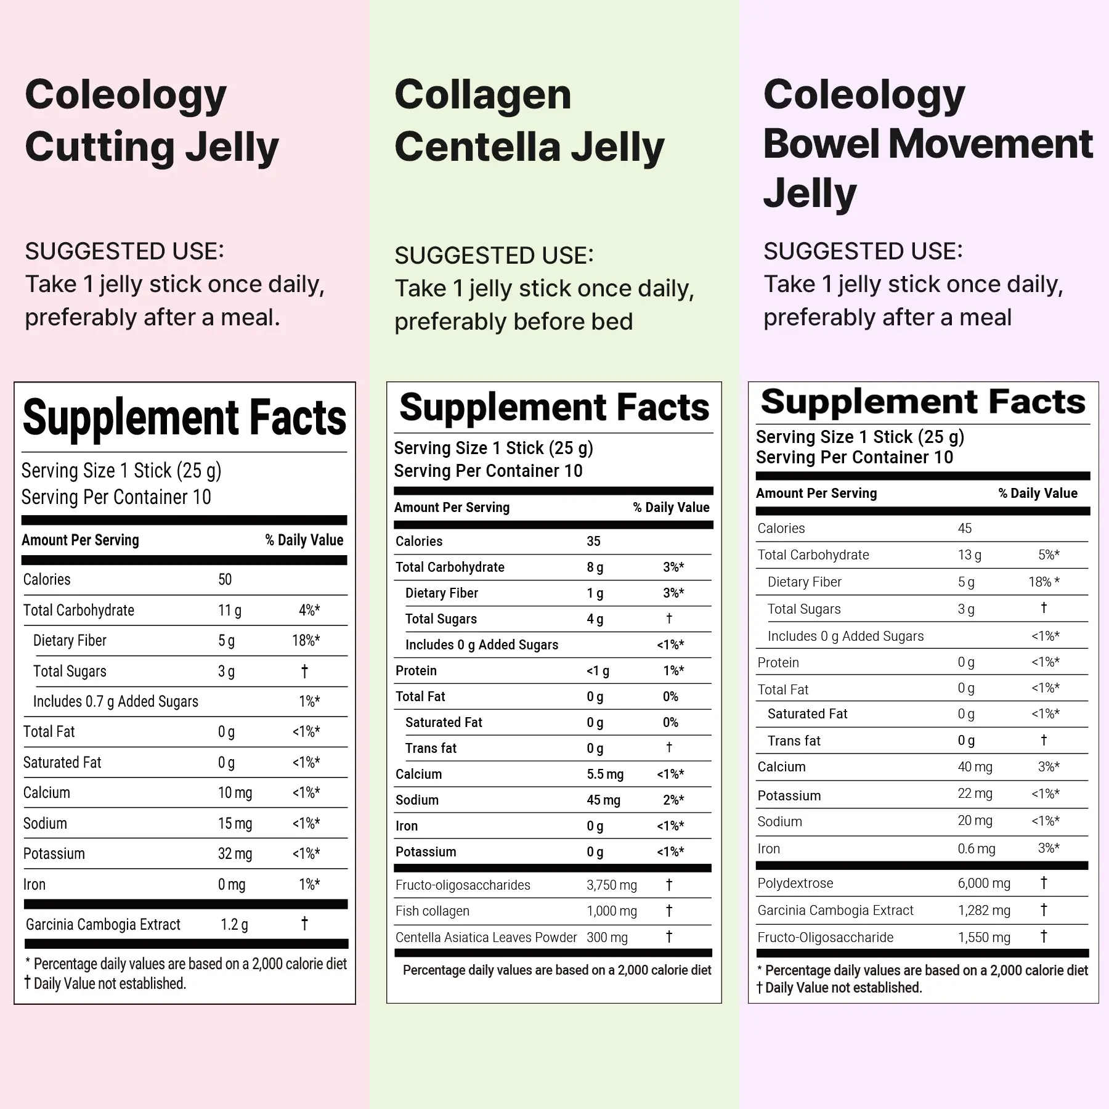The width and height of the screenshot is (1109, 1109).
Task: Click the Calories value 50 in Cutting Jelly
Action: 225,580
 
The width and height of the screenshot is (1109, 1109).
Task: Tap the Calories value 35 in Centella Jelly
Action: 593,542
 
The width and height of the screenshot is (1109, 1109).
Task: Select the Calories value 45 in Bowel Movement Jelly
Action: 964,529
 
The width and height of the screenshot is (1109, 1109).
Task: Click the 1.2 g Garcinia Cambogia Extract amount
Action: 234,925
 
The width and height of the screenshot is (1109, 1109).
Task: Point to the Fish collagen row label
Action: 432,911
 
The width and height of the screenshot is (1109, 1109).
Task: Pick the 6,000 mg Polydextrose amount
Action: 984,884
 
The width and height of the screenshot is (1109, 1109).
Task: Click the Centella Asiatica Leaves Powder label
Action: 486,938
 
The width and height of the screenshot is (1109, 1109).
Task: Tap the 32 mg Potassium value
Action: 235,854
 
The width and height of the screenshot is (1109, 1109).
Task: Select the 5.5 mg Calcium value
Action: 604,774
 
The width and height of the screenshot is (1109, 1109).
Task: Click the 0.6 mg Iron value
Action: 976,849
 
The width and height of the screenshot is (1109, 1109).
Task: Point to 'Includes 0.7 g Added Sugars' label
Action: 116,702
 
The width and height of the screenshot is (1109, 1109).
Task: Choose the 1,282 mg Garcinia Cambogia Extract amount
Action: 984,911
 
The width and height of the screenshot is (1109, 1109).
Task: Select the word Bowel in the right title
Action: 821,144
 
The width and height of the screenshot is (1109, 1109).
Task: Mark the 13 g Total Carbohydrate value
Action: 969,555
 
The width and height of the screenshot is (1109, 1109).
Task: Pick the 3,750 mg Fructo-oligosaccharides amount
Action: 611,885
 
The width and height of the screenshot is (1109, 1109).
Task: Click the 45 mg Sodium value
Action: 603,800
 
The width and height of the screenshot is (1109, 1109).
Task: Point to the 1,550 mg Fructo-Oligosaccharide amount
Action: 984,938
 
